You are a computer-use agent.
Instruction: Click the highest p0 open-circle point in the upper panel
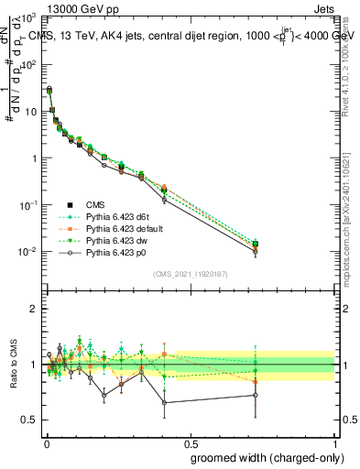tap(49, 89)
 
